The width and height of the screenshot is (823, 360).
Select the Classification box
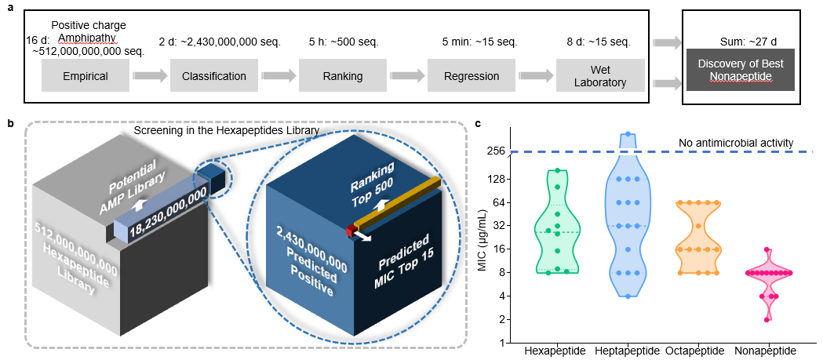(213, 76)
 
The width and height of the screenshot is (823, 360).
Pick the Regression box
(471, 76)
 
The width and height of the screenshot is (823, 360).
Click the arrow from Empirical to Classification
(149, 76)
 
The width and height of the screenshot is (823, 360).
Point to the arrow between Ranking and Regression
(406, 76)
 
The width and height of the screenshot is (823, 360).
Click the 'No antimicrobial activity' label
(737, 144)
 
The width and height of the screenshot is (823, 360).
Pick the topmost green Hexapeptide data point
(557, 170)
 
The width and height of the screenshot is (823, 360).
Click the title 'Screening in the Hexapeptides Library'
(231, 129)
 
